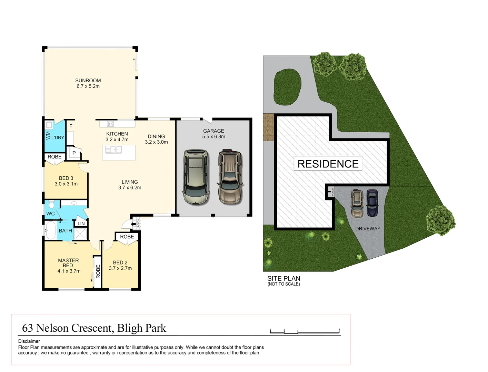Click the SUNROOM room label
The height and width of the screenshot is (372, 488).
88,81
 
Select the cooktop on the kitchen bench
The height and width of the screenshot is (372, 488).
110,124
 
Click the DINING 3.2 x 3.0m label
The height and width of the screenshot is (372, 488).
156,139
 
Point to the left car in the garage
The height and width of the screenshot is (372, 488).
196,177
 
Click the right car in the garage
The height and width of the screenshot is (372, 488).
230,176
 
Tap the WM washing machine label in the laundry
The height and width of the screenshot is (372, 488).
48,135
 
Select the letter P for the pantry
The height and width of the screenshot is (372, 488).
74,153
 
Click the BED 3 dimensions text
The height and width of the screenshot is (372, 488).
66,184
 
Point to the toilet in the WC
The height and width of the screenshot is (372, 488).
51,205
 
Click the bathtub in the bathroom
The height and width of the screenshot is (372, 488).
50,230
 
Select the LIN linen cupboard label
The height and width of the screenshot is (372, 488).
81,224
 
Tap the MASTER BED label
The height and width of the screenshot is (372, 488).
68,263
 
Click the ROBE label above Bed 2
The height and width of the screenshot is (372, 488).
127,237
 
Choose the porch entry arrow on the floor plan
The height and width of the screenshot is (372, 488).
133,224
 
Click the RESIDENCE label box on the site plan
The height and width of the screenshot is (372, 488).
328,164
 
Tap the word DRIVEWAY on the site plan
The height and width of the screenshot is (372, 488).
368,229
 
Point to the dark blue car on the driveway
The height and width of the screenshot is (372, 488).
372,203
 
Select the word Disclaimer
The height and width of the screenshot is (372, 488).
29,341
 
